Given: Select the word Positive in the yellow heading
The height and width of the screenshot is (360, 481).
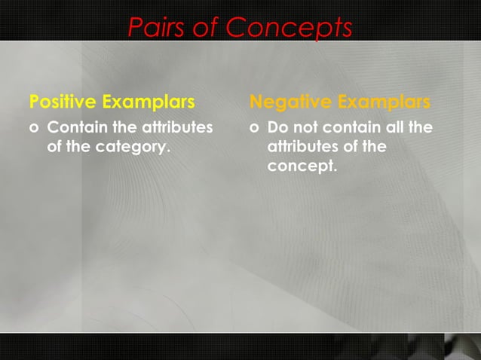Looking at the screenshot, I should pos(63,101).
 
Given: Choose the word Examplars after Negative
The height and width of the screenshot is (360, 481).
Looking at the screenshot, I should pos(384,101).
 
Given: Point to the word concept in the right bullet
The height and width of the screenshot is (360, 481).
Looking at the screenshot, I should pos(302,166).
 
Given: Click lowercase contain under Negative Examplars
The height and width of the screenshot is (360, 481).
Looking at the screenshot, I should pos(351,127).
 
